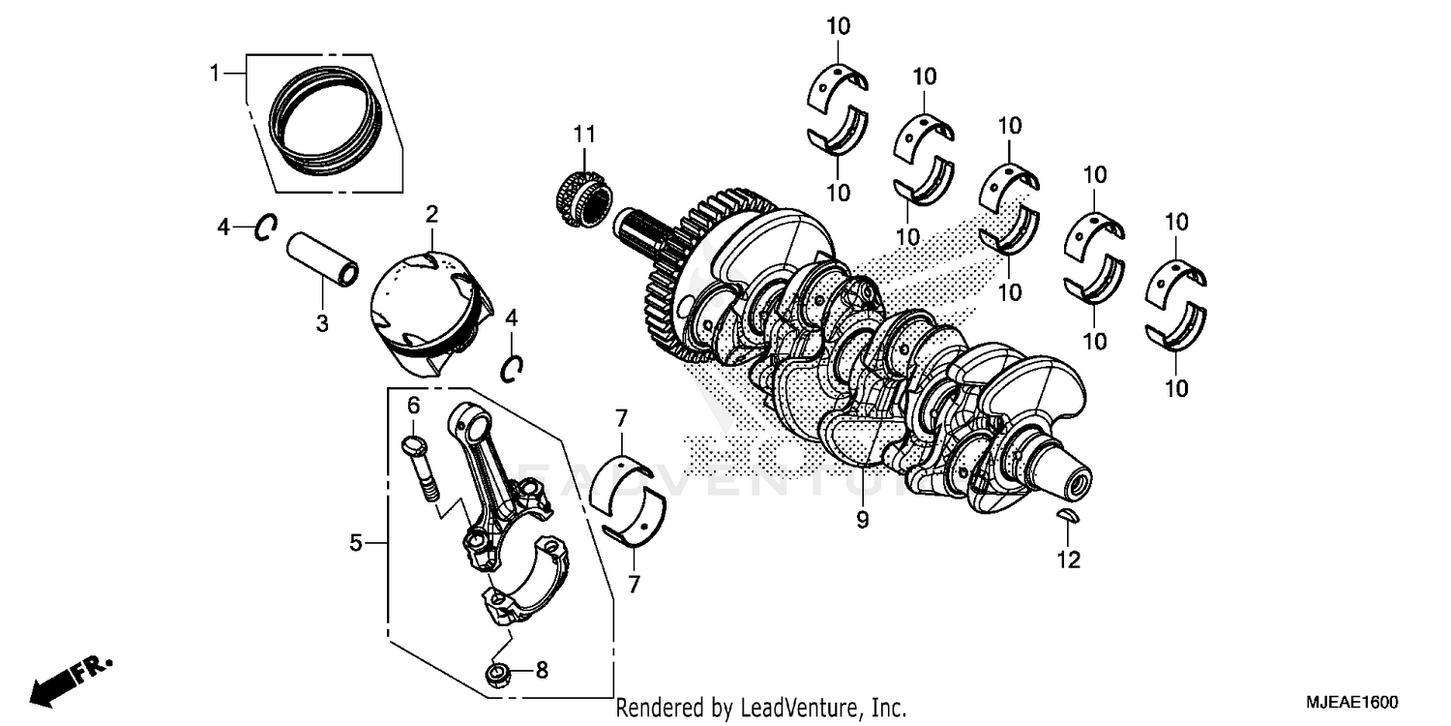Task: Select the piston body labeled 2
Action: click(426, 305)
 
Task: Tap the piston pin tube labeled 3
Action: click(322, 259)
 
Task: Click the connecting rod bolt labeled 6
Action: click(418, 469)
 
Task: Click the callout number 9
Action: click(862, 520)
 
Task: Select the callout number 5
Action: click(356, 544)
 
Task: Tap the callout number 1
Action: click(217, 72)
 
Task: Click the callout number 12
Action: click(1068, 560)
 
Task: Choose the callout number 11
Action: click(584, 133)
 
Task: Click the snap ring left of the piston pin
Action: click(265, 227)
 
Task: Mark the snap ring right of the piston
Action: click(512, 366)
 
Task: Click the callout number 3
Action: click(322, 323)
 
